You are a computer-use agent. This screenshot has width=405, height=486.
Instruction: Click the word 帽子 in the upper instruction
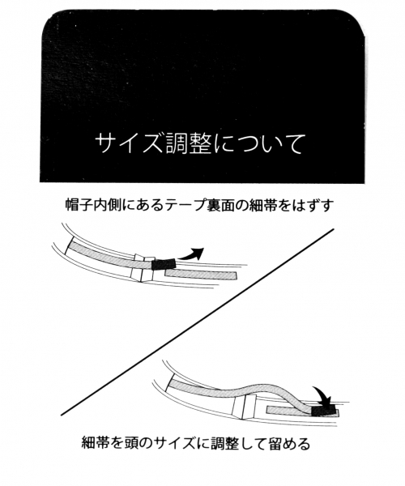(79, 205)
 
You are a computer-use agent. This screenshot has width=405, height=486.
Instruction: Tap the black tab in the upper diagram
(164, 264)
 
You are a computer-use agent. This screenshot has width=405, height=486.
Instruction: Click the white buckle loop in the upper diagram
(143, 268)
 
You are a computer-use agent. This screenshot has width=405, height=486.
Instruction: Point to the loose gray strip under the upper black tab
(201, 275)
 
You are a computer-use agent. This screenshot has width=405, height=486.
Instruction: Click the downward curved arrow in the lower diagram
(322, 395)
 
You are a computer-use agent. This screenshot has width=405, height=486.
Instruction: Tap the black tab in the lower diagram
(323, 410)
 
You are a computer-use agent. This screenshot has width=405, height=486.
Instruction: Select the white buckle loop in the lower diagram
(244, 407)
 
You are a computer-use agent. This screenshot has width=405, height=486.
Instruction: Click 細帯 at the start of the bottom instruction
(95, 444)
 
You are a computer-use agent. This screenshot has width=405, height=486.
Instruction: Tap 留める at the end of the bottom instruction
(289, 444)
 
